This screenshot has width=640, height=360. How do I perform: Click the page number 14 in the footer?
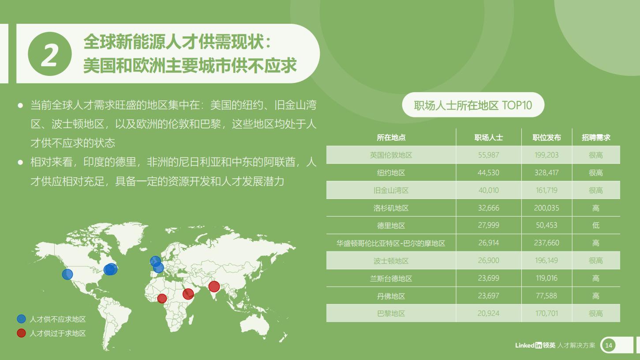609,345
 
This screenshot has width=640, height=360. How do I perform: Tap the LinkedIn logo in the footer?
535,345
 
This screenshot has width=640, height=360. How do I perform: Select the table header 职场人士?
489,138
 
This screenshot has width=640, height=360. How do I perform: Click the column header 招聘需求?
596,138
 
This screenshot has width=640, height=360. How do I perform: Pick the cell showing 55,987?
489,155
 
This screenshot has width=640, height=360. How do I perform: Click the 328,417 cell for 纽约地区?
546,173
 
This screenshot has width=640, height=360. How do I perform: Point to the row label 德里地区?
391,226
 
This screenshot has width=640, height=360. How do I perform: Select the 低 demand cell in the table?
596,225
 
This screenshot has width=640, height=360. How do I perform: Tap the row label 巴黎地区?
391,314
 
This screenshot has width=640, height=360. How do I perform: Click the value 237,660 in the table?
546,243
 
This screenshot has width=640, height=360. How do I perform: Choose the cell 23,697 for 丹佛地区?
489,296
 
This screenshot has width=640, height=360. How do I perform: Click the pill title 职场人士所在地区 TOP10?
473,105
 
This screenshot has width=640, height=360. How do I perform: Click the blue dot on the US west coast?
67,274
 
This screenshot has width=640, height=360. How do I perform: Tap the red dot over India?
214,286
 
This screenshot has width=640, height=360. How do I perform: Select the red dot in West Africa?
162,299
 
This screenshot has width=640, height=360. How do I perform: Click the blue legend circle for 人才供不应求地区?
22,319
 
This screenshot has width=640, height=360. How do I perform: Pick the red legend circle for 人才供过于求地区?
22,333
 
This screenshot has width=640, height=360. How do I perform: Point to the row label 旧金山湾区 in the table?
391,191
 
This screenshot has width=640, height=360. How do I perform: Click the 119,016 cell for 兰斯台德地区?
546,278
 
